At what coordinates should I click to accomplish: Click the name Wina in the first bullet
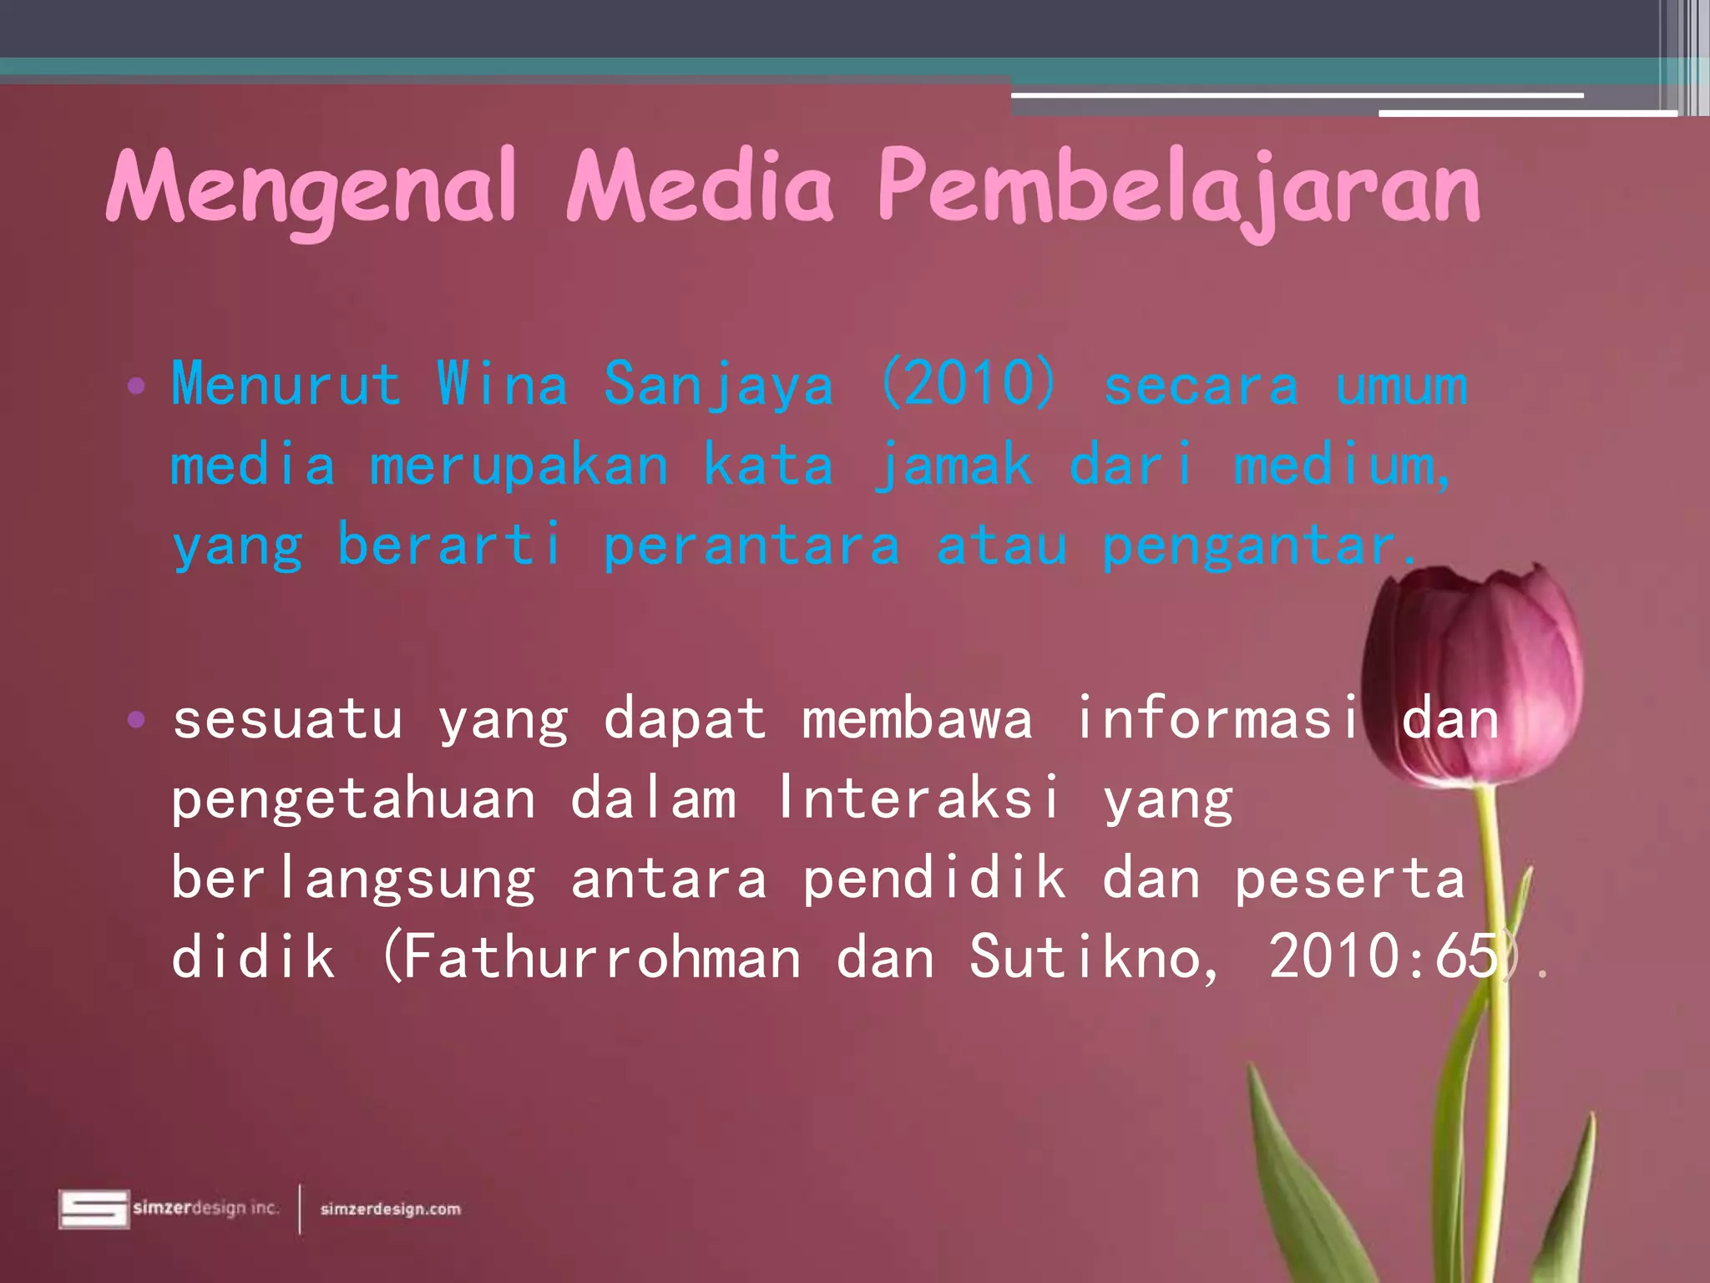[x=502, y=384]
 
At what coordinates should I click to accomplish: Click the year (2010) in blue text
[x=969, y=384]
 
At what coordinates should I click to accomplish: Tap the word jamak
[x=953, y=466]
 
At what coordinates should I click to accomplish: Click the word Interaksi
[x=918, y=797]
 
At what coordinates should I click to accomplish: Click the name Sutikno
[x=1094, y=957]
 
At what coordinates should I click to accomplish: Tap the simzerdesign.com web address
[x=390, y=1209]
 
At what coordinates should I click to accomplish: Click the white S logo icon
[x=94, y=1209]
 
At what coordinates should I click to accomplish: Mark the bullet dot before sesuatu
[x=136, y=719]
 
